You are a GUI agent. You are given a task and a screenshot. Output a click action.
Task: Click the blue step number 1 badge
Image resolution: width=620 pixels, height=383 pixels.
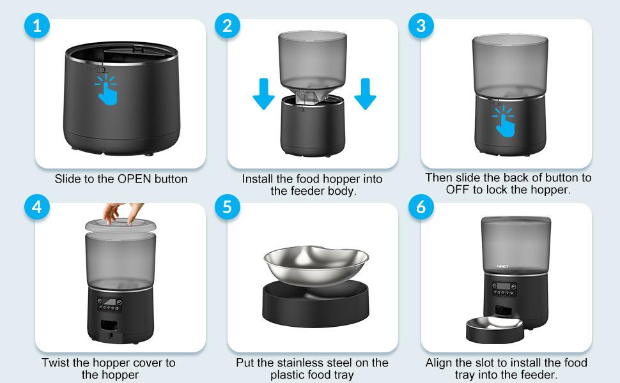38,27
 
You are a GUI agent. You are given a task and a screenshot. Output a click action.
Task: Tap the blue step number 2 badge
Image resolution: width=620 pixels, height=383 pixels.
228,27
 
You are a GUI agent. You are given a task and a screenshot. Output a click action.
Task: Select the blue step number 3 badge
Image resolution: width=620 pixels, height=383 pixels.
421,27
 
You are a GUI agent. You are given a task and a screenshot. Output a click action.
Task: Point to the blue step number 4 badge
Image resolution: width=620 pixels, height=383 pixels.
38,208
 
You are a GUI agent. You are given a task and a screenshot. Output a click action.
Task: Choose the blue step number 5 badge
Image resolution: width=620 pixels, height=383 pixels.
228,208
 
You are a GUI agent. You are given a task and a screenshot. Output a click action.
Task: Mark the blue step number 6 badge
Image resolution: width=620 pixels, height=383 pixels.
421,208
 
